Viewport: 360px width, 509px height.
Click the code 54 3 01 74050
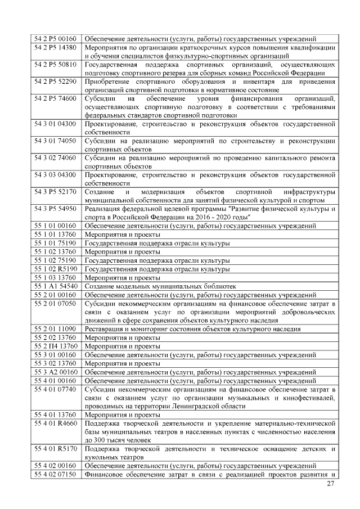(x=55, y=141)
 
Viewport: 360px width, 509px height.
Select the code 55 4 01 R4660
(x=55, y=423)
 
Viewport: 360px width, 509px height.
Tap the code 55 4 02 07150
(x=55, y=474)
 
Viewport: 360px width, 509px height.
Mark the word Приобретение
(x=107, y=82)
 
